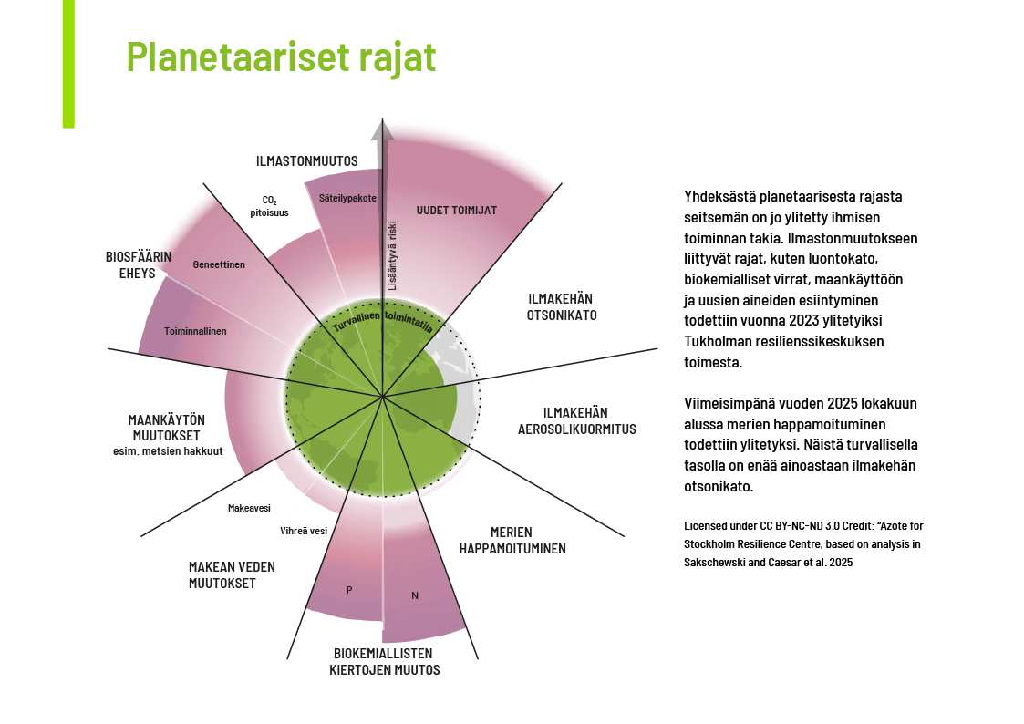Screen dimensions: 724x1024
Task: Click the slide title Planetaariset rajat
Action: point(281,57)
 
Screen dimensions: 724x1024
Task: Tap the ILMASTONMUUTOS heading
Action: point(306,161)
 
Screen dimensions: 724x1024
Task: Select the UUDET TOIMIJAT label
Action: point(457,211)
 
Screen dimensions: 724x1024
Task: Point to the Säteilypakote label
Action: point(347,198)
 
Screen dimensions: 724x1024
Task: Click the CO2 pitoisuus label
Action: point(269,206)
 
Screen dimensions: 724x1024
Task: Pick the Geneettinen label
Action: point(219,264)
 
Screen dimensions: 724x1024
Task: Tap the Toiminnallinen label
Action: point(195,331)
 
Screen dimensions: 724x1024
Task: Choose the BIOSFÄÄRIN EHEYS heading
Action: point(139,264)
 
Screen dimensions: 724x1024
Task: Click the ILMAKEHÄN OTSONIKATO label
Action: point(561,307)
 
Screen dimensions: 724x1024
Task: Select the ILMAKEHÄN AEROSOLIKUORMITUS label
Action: point(576,421)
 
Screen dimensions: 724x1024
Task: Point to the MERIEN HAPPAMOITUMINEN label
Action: point(512,540)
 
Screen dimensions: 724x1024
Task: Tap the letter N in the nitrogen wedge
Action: point(415,595)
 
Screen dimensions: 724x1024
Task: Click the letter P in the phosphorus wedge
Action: point(349,590)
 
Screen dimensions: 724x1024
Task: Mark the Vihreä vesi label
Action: point(304,531)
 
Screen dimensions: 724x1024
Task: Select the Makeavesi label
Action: point(249,508)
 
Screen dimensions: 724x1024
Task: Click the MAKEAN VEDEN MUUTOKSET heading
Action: point(232,575)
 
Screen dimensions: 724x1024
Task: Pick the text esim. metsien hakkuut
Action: point(168,451)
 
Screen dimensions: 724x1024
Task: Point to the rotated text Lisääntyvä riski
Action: point(393,255)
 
